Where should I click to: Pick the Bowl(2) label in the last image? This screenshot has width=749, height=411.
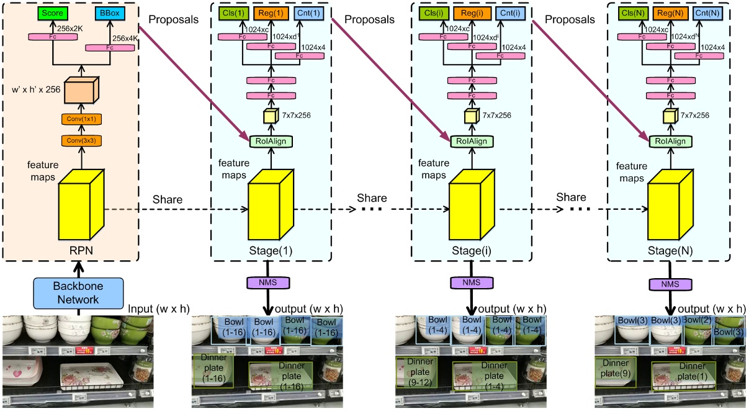click(696, 320)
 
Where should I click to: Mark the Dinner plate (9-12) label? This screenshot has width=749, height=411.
click(416, 371)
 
